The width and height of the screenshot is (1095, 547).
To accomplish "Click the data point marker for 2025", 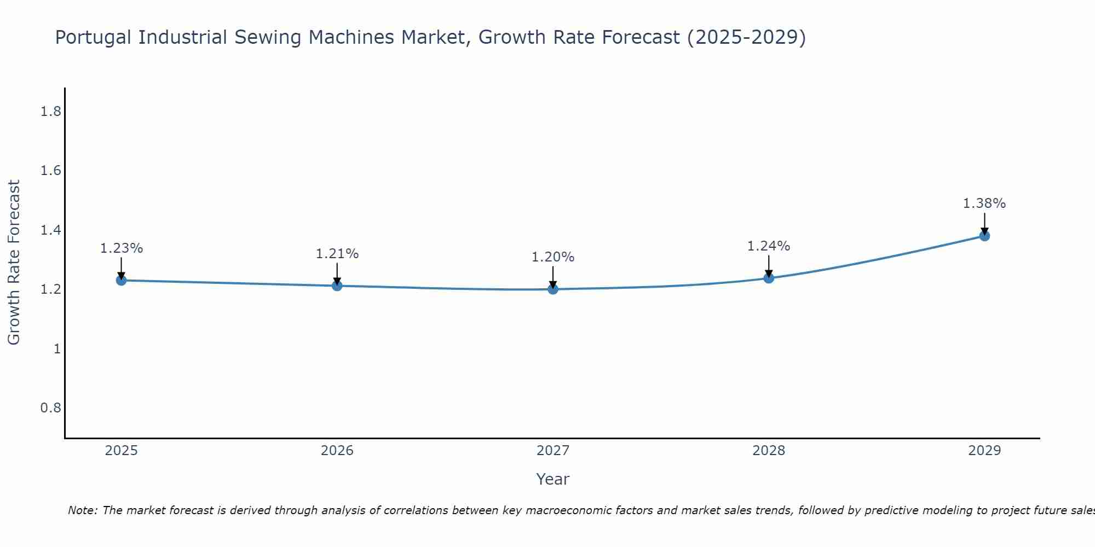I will point(122,280).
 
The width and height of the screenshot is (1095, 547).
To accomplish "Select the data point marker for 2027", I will point(553,289).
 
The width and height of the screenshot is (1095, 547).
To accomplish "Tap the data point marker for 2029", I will point(984,236).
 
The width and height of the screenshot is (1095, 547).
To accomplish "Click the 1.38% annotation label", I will point(984,203).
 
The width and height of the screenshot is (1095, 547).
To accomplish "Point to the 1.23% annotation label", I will point(122,248).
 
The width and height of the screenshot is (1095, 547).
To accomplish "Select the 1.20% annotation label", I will point(553,257).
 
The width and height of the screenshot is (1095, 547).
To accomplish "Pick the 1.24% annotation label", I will point(769,246).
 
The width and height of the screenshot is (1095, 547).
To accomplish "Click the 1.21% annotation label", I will point(337,254).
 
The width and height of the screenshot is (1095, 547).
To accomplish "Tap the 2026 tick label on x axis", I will point(337,451).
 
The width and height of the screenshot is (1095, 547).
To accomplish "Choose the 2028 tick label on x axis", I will point(769,451).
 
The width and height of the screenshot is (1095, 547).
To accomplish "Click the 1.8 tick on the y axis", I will point(50,112).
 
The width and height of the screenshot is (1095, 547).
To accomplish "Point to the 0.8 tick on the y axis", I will point(50,408).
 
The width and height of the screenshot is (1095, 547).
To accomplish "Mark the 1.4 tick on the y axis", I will point(50,230).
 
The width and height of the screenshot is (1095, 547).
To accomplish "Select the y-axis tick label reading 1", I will point(57,348).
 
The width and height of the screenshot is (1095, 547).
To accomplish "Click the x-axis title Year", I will point(553,479).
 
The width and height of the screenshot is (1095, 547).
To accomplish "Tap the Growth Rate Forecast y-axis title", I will point(14,263).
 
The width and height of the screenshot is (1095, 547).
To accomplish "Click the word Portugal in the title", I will point(94,38).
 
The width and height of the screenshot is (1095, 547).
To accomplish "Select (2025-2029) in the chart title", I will point(746,38).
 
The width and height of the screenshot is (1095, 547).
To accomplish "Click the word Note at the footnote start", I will point(82,510).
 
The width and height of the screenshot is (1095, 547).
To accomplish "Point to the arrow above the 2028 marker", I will point(769,267).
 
